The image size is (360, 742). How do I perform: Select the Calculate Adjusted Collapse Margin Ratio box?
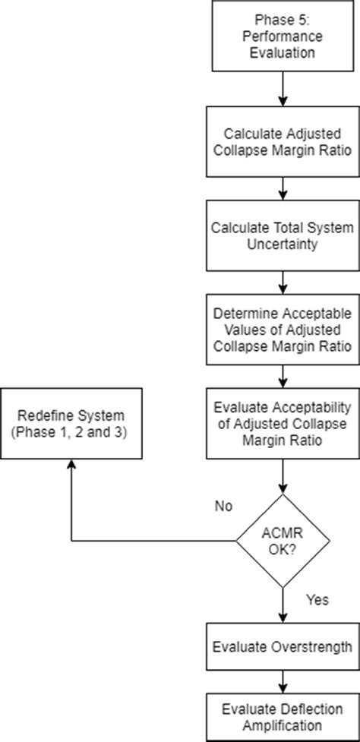coord(283,141)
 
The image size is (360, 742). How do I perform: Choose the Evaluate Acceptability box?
coord(283,423)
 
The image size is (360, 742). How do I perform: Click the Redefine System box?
coord(71,423)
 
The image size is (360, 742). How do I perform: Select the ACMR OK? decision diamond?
coord(283,541)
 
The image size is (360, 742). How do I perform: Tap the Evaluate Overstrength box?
coord(283,647)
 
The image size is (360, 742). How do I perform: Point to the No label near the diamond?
coord(223,506)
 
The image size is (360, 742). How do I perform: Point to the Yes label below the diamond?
coord(317,600)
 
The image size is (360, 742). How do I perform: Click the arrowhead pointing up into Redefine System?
coord(71,465)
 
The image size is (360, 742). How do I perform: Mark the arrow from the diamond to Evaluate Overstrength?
coord(283,608)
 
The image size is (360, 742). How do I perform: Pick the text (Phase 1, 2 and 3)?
coord(71,431)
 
